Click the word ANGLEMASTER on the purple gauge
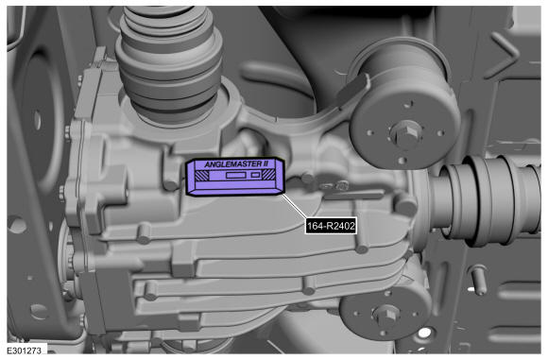pyautogui.click(x=232, y=163)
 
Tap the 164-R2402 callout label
pyautogui.click(x=331, y=226)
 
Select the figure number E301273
pyautogui.click(x=25, y=350)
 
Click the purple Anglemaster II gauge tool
pyautogui.click(x=235, y=177)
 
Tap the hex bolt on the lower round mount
pyautogui.click(x=385, y=314)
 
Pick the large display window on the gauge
pyautogui.click(x=236, y=175)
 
